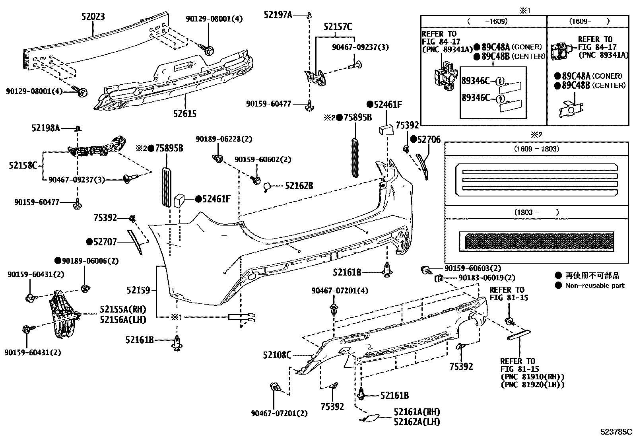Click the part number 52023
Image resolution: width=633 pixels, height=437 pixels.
coord(93,16)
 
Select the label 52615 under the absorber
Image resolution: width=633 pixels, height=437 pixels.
coord(184,114)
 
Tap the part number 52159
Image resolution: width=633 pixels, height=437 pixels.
coord(138,290)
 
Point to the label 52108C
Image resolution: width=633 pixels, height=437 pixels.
coord(277,355)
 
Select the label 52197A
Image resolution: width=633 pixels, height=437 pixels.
coord(278,15)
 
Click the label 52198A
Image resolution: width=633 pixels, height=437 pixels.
coord(46,128)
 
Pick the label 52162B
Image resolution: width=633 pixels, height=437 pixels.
coord(299,185)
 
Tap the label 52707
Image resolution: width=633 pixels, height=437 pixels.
coord(105,242)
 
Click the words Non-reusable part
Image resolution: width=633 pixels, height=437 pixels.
coord(595,286)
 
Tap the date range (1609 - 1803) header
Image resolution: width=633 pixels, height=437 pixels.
coord(536,149)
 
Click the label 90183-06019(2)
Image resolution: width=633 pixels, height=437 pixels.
coord(487,278)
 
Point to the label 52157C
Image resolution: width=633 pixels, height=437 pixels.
coord(338,27)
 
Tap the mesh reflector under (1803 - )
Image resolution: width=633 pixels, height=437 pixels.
coord(536,241)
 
